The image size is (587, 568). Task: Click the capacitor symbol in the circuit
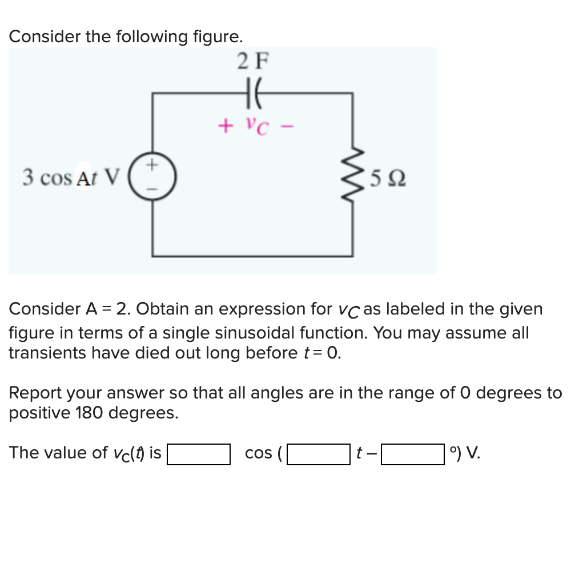point(251,94)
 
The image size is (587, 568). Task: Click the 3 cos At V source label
point(71,178)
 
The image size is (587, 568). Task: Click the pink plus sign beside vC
point(226,123)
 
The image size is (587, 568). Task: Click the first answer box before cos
point(198,454)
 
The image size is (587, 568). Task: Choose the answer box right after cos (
point(318,454)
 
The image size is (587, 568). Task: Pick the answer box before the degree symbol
point(412,454)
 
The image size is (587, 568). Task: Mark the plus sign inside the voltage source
point(152,166)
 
